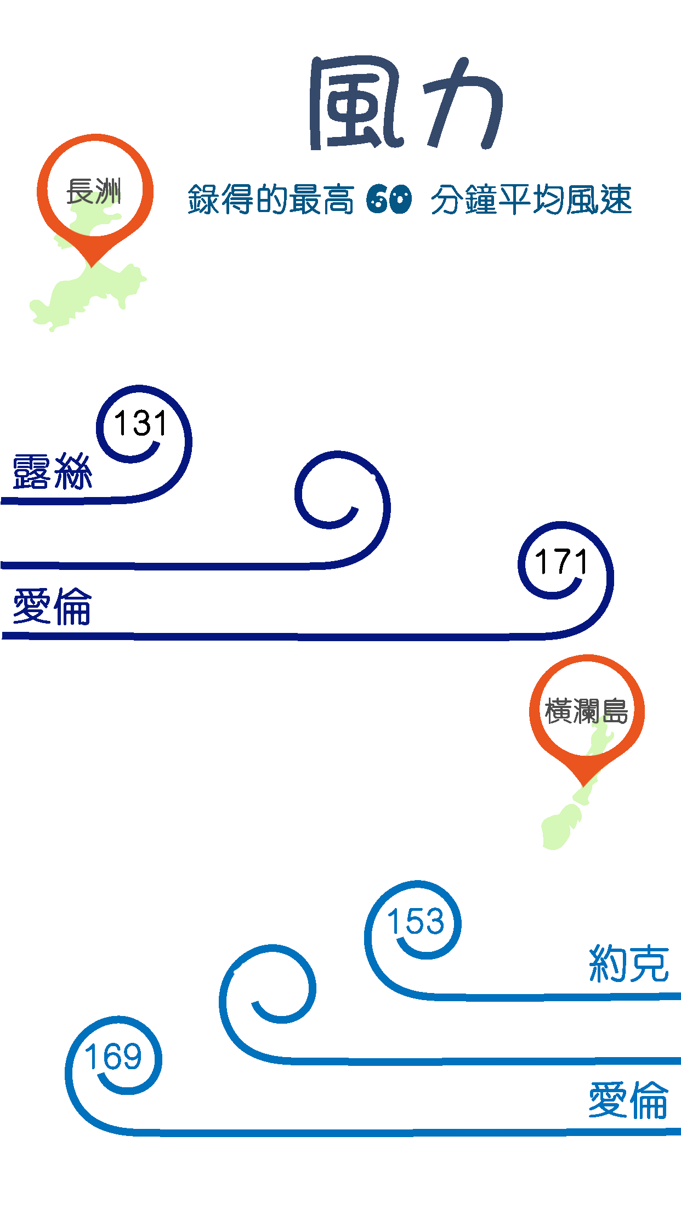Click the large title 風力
pyautogui.click(x=406, y=103)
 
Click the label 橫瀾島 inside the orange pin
pyautogui.click(x=586, y=711)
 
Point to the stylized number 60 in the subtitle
pyautogui.click(x=389, y=199)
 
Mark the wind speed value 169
pyautogui.click(x=113, y=1057)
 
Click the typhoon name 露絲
pyautogui.click(x=52, y=472)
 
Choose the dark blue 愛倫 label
pyautogui.click(x=52, y=607)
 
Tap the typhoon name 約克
pyautogui.click(x=628, y=963)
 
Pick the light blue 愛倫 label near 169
pyautogui.click(x=628, y=1100)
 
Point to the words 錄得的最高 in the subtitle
pyautogui.click(x=271, y=199)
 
